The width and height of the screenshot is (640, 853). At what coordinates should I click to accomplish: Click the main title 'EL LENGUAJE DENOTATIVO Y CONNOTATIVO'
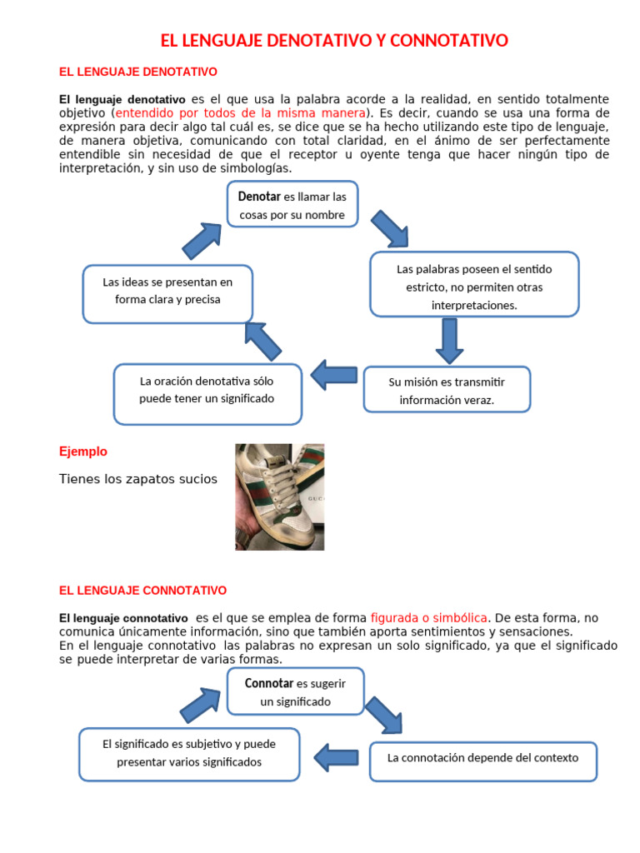click(x=333, y=41)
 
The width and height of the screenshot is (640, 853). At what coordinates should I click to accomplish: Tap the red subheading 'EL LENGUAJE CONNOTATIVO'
click(x=142, y=591)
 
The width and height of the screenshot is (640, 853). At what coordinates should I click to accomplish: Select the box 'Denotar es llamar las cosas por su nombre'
click(x=292, y=205)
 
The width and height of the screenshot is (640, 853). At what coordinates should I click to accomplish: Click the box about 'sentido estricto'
click(x=474, y=284)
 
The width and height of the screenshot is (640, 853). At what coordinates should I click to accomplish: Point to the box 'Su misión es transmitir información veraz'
click(x=447, y=389)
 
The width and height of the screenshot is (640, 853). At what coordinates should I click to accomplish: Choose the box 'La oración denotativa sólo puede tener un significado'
click(x=207, y=393)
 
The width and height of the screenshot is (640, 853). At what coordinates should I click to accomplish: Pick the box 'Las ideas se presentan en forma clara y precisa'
click(x=167, y=293)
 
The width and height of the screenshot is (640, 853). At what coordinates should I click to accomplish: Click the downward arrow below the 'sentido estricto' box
click(x=448, y=340)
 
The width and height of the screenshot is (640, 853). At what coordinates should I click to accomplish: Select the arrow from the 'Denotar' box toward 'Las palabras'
click(x=389, y=228)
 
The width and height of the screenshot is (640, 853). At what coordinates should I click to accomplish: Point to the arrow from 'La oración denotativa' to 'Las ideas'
click(x=263, y=340)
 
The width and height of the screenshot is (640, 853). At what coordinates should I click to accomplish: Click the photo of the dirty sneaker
click(x=279, y=496)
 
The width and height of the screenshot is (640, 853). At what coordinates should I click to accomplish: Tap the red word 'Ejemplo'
click(x=83, y=451)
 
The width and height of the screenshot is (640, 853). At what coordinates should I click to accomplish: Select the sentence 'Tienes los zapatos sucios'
click(x=138, y=479)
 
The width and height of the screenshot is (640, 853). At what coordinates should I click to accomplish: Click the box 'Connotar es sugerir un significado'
click(x=295, y=691)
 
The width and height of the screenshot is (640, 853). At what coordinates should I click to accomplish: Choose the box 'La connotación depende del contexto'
click(x=482, y=761)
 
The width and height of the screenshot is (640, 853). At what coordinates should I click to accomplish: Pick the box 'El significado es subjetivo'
click(x=189, y=754)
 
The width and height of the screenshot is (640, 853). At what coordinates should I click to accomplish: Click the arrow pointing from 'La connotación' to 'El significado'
click(x=336, y=757)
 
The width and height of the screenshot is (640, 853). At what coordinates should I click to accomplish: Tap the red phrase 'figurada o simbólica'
click(x=428, y=618)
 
